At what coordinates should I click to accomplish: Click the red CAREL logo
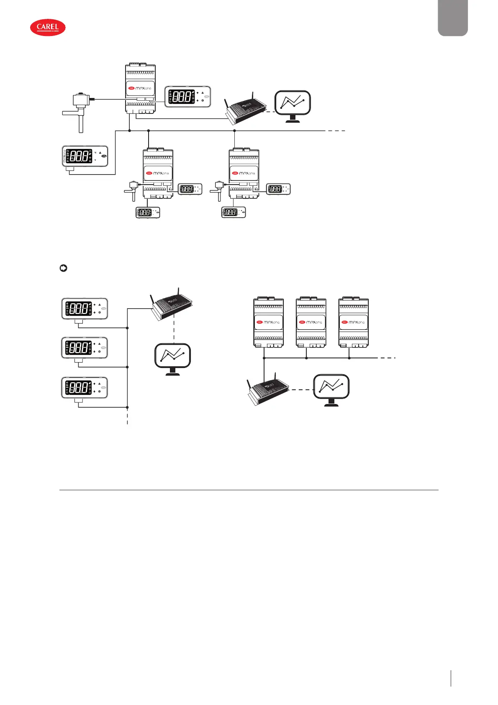[x=48, y=28]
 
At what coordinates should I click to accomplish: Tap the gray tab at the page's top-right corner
[x=452, y=18]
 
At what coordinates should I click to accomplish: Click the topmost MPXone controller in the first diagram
[x=141, y=89]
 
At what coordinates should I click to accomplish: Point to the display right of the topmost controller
[x=187, y=97]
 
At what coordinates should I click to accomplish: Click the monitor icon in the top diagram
[x=293, y=105]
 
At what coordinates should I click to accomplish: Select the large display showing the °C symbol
[x=85, y=156]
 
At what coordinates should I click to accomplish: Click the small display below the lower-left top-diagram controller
[x=148, y=212]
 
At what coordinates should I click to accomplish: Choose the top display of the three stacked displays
[x=85, y=309]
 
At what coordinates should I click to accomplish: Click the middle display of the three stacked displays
[x=85, y=348]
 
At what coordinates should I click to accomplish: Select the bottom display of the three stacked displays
[x=85, y=388]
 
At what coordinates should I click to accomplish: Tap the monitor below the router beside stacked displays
[x=172, y=358]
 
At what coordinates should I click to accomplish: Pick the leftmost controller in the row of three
[x=269, y=322]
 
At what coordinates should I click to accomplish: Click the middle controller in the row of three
[x=311, y=322]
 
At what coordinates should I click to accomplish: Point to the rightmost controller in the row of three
[x=354, y=322]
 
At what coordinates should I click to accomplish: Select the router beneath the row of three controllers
[x=267, y=389]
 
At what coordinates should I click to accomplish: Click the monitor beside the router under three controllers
[x=331, y=389]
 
